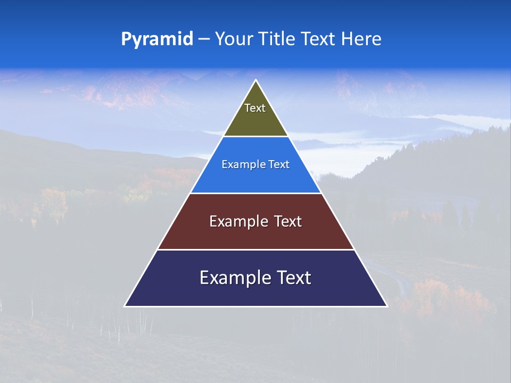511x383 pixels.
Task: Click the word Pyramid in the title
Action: (157, 39)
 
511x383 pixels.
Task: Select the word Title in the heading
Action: (277, 39)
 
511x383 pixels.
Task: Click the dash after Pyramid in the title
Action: (204, 39)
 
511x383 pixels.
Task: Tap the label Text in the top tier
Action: (255, 109)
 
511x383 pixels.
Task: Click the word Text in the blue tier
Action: (279, 165)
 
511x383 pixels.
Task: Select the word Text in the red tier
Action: (289, 221)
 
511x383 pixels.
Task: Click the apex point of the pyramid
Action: (256, 80)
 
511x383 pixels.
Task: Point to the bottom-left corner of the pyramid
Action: (125, 306)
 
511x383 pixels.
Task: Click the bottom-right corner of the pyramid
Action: (386, 306)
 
